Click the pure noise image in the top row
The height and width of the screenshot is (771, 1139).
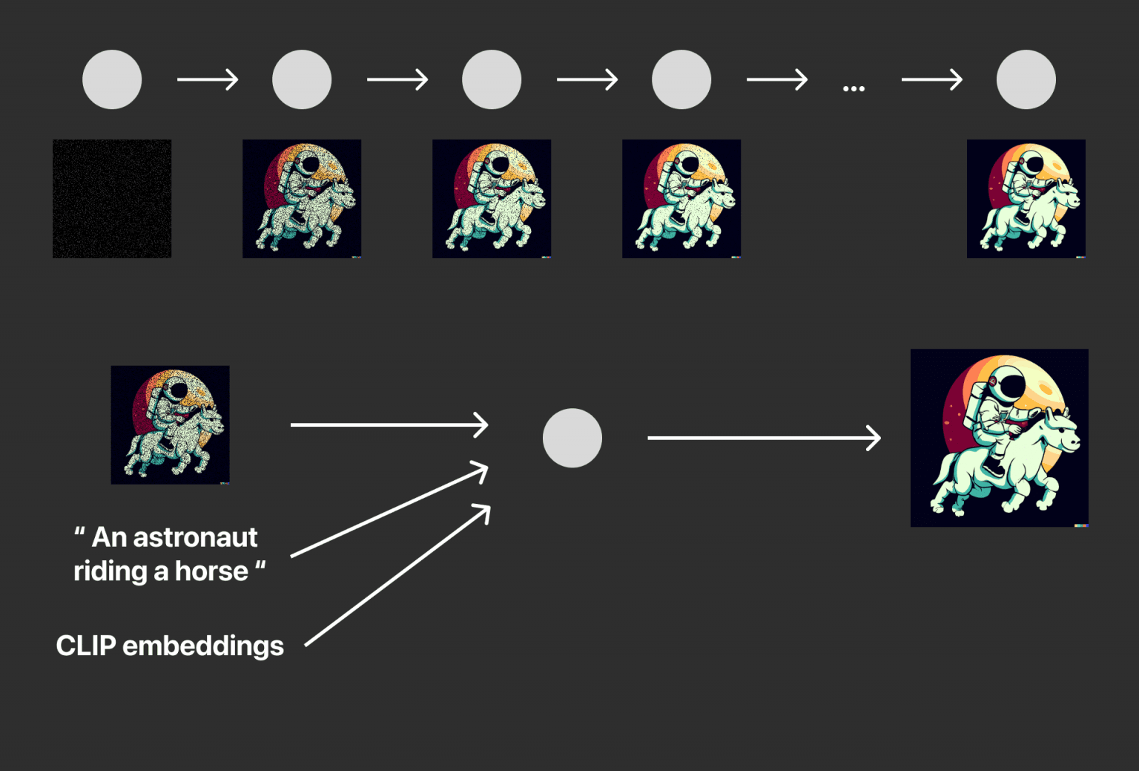tap(112, 198)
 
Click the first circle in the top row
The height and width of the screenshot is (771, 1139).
tap(112, 79)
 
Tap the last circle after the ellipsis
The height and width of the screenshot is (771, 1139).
tap(1026, 79)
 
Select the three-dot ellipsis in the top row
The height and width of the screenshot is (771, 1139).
tap(854, 88)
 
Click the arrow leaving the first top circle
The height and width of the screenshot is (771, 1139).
tap(208, 79)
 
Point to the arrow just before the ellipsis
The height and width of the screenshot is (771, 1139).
tap(777, 79)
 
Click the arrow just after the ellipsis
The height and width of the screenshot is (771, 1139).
tap(932, 79)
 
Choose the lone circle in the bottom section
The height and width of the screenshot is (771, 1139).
tap(572, 438)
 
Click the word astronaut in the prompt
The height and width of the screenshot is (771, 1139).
tap(195, 537)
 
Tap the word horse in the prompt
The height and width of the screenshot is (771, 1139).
tap(211, 571)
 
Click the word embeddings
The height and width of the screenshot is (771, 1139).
tap(203, 646)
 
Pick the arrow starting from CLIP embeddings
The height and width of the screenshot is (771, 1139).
tap(397, 576)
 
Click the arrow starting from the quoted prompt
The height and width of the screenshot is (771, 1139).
tap(389, 509)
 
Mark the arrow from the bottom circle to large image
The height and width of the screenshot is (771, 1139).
tap(765, 438)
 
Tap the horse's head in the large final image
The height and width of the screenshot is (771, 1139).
tap(1060, 432)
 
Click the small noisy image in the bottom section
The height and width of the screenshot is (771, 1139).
tap(170, 425)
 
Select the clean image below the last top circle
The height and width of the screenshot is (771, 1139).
tap(1026, 198)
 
